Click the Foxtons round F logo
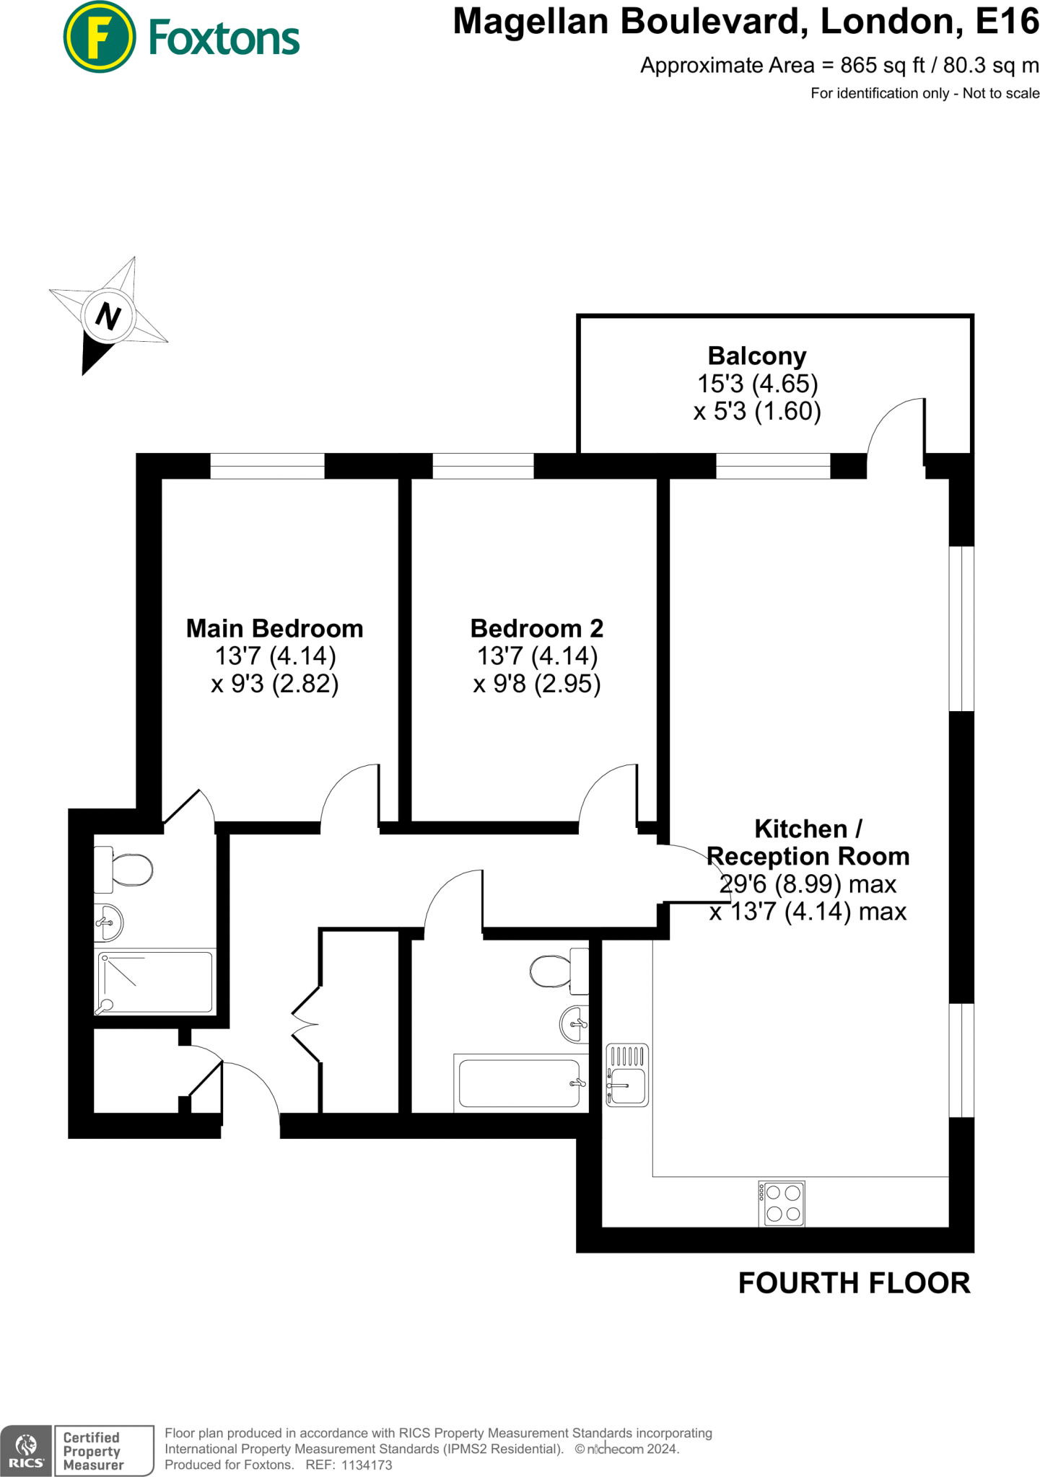99,37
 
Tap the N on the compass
108,316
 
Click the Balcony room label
756,356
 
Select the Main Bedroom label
274,628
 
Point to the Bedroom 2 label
536,628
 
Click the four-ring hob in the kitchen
782,1203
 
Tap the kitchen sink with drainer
627,1075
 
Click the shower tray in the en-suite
155,982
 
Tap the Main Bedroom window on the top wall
267,466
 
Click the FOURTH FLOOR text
854,1283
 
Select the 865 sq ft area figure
882,66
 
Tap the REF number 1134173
366,1465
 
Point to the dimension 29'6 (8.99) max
808,883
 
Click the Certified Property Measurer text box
104,1451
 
